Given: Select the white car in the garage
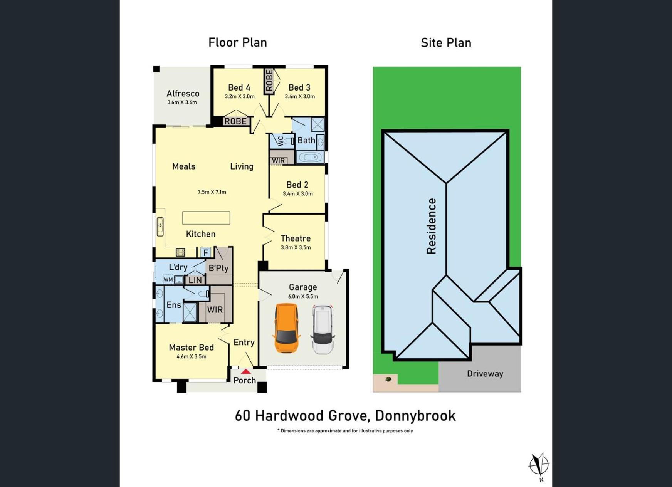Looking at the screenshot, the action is click(323, 329).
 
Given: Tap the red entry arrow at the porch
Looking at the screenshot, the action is click(246, 371).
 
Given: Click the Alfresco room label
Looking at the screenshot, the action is click(183, 94).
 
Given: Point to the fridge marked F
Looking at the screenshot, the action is click(206, 252).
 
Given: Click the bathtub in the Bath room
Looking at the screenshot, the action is click(310, 157).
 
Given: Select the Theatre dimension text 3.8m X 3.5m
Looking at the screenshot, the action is click(296, 247).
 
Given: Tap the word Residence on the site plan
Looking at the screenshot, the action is click(431, 226).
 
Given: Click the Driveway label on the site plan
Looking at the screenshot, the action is click(485, 374).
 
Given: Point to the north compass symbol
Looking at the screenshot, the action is click(539, 465).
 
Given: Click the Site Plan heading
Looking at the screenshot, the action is click(446, 43).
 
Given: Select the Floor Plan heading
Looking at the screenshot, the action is click(238, 42).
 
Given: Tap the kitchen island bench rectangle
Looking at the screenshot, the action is click(206, 218).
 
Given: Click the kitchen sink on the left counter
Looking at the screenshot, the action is click(160, 227).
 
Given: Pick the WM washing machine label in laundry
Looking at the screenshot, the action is click(168, 280).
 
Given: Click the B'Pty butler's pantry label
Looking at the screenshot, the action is click(218, 268).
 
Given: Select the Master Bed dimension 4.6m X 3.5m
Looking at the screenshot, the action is click(192, 357).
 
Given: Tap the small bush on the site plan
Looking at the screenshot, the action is click(388, 379).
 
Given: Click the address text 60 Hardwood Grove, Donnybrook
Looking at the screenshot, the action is click(345, 416).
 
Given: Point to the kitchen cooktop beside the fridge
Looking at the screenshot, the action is click(180, 252).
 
